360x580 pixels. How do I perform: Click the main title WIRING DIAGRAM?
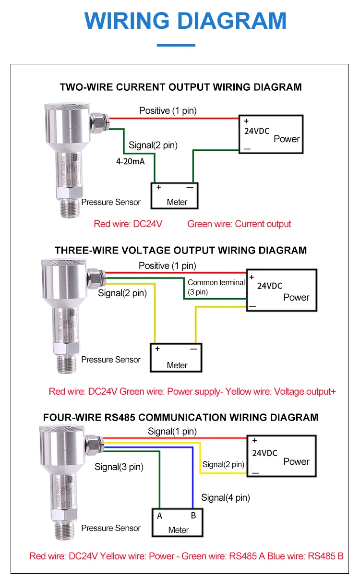(185, 21)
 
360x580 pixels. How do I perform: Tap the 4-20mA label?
(130, 162)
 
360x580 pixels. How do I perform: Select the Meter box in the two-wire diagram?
(175, 196)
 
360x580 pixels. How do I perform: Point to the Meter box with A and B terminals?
(177, 523)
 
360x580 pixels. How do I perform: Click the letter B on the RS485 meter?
(193, 516)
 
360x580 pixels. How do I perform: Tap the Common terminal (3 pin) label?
(216, 287)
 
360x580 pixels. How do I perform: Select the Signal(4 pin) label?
(226, 497)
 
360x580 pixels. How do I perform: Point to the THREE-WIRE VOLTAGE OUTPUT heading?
(180, 250)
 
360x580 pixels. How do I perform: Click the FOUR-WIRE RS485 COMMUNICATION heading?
(180, 417)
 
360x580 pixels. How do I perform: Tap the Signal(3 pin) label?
(119, 467)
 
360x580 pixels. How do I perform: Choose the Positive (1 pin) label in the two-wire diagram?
(168, 110)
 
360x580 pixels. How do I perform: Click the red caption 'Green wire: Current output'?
(239, 224)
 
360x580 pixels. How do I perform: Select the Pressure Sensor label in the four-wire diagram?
(111, 528)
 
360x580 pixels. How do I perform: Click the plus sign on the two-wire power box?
(246, 121)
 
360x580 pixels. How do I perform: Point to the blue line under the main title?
(177, 46)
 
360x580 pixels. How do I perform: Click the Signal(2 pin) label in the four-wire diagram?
(223, 464)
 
